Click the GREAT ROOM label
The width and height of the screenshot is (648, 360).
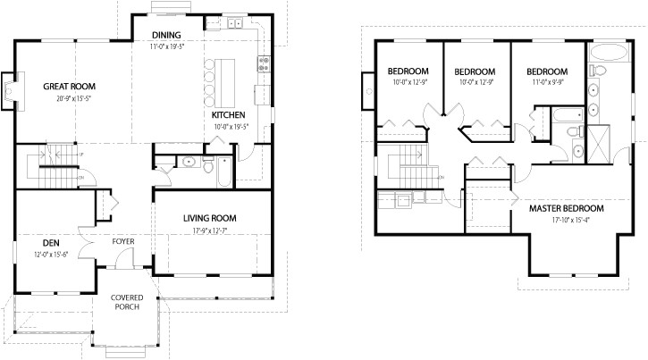[69, 87]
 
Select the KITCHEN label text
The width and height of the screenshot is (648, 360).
[228, 116]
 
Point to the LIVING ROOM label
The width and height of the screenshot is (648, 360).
[209, 218]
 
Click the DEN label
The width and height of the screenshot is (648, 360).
[50, 242]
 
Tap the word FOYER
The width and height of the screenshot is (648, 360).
[123, 242]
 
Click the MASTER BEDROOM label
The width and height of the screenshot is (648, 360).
[566, 209]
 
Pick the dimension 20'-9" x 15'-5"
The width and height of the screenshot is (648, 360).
[69, 97]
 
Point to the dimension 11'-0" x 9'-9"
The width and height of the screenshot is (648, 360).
[547, 82]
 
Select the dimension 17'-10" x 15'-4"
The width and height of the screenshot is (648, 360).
[566, 220]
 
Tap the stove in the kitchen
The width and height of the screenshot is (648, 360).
[264, 63]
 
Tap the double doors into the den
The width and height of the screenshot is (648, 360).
[86, 241]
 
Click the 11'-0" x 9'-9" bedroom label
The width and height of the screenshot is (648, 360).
[547, 71]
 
